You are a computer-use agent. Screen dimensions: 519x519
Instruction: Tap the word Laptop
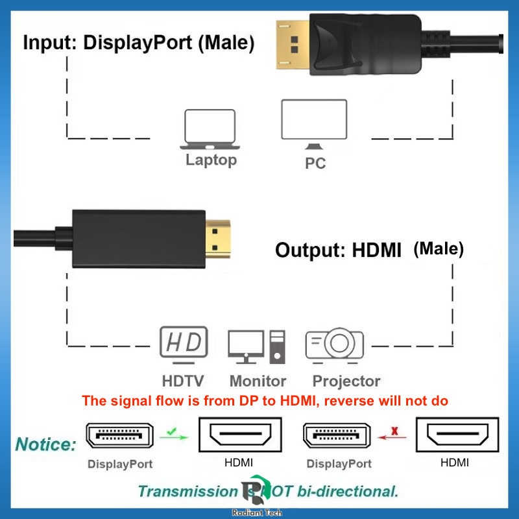(x=211, y=160)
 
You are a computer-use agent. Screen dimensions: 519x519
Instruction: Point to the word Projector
(x=346, y=381)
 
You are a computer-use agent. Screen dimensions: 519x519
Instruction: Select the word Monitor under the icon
(x=258, y=381)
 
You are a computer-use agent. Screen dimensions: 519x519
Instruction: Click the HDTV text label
(x=183, y=381)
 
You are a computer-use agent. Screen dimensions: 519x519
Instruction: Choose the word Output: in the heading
(x=311, y=250)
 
